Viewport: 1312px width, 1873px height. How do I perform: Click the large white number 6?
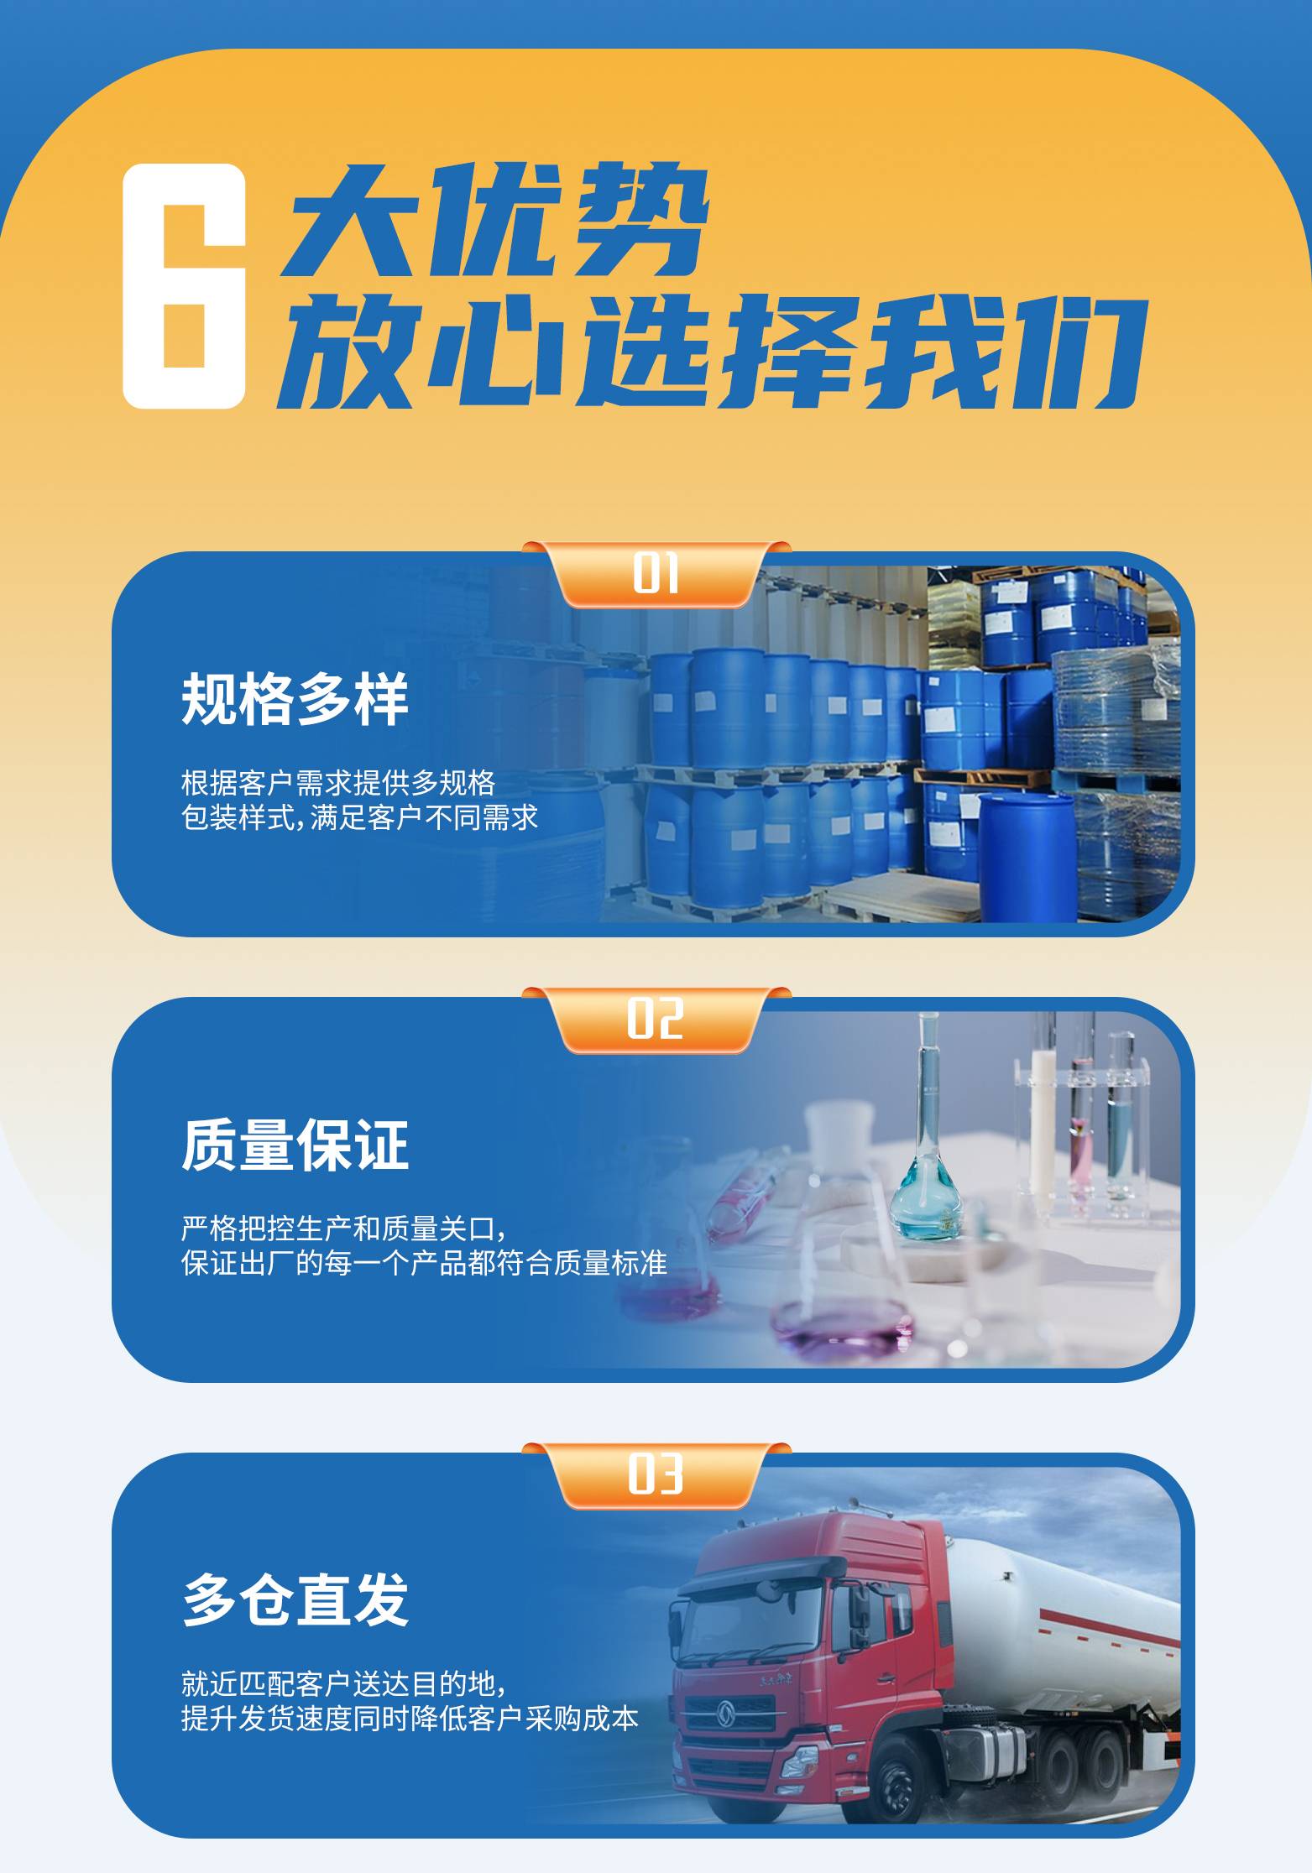tap(184, 285)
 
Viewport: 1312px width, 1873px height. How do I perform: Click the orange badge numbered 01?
tap(656, 574)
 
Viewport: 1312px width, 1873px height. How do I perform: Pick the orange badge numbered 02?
tap(656, 1020)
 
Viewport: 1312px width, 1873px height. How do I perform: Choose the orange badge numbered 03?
tap(656, 1475)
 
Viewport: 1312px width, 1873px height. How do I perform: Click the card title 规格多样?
tap(295, 699)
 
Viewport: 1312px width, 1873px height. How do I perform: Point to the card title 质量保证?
tap(295, 1145)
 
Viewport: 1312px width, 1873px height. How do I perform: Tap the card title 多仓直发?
tap(295, 1599)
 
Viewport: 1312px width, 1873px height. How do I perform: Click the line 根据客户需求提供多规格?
tap(338, 783)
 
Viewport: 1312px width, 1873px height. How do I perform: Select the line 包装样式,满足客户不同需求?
tap(359, 817)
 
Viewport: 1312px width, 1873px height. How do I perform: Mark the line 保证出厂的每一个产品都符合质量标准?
tap(424, 1263)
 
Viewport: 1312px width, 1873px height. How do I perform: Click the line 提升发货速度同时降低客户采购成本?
tap(410, 1718)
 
